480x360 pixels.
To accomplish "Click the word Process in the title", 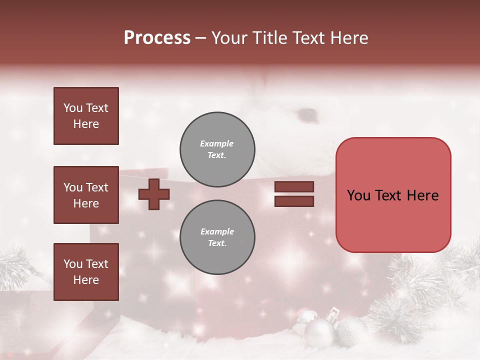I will [157, 38].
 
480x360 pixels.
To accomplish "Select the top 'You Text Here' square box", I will [86, 116].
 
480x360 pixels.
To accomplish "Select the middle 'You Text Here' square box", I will [86, 195].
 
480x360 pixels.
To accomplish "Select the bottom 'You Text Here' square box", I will [86, 272].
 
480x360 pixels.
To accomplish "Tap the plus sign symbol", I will [154, 194].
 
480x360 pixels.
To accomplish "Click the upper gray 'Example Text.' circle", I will [217, 149].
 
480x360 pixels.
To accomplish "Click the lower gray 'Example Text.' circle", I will [217, 237].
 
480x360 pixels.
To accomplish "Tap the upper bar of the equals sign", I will [294, 187].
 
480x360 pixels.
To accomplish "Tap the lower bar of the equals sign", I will [294, 201].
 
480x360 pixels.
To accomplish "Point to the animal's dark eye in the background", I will [307, 115].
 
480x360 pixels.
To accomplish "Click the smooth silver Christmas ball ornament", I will [319, 332].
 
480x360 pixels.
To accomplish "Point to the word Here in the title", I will [349, 38].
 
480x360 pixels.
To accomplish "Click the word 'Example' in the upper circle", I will [216, 143].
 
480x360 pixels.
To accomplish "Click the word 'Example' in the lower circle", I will [217, 231].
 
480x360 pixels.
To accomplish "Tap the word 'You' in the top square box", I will [72, 108].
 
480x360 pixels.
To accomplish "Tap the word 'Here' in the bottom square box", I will [86, 280].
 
